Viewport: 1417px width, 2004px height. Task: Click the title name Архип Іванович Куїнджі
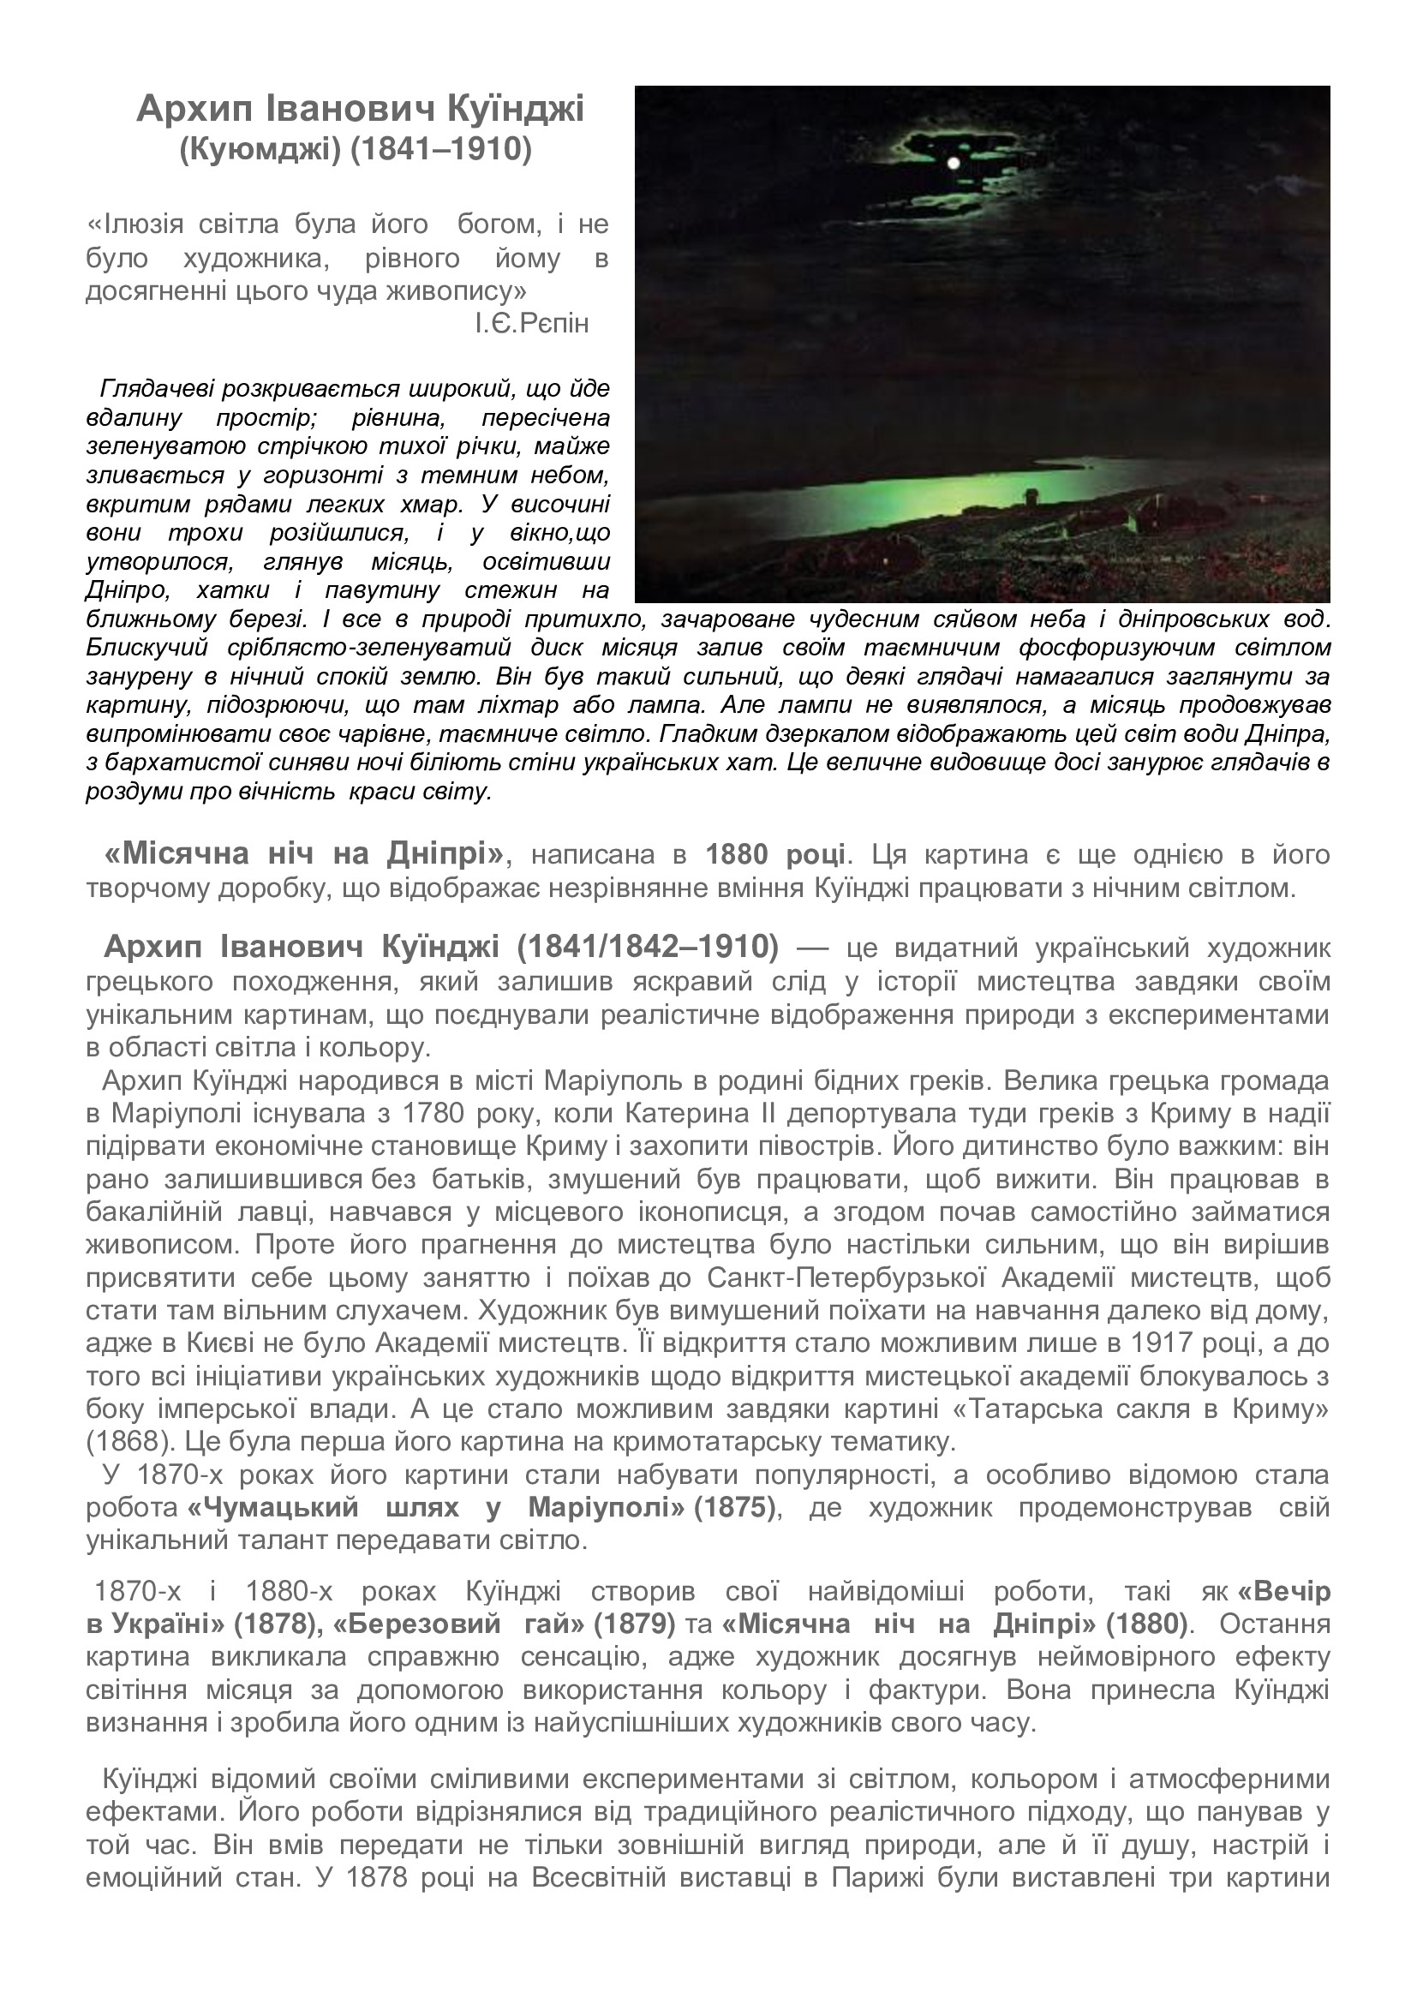tap(361, 110)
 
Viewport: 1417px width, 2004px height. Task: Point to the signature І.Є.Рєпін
tap(531, 324)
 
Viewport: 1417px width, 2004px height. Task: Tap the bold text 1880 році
tap(774, 853)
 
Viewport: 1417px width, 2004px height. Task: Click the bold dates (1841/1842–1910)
tap(648, 946)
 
